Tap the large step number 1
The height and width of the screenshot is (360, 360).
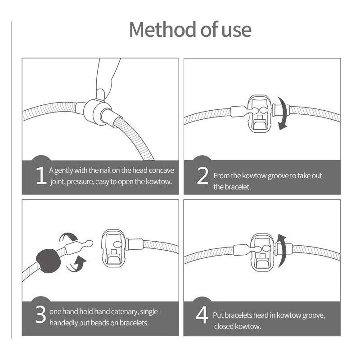tap(41, 175)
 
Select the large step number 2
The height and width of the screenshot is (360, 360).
tap(202, 176)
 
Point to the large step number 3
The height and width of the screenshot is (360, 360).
tap(40, 315)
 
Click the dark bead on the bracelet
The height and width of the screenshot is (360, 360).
tap(49, 261)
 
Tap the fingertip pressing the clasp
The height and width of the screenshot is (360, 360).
tap(100, 94)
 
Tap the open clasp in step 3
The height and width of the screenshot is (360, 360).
tap(114, 248)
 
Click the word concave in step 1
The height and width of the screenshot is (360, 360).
tap(161, 171)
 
